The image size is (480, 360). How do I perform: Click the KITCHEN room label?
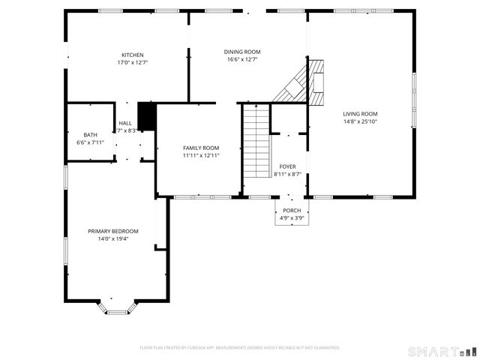[133, 55]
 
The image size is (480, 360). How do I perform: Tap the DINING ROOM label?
[242, 52]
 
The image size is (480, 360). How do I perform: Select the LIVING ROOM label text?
[360, 113]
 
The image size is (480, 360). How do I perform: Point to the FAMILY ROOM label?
[201, 148]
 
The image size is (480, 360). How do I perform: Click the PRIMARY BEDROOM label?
[113, 231]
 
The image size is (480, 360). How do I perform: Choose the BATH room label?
[90, 134]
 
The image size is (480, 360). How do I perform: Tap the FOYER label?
[288, 166]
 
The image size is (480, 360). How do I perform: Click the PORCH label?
[291, 211]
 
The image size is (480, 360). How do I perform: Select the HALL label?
[124, 123]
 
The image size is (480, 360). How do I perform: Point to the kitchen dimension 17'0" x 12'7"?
[133, 62]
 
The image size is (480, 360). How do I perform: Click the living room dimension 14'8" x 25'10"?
[360, 121]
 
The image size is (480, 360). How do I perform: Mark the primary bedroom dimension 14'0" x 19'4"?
[113, 238]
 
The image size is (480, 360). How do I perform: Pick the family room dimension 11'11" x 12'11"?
[201, 155]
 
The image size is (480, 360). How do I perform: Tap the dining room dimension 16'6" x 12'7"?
[242, 60]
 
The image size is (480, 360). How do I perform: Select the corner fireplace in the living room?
[304, 82]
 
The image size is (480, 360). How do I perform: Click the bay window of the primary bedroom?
[117, 307]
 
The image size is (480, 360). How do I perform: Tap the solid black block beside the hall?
[146, 117]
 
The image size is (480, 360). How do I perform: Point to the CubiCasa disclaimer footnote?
[240, 348]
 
